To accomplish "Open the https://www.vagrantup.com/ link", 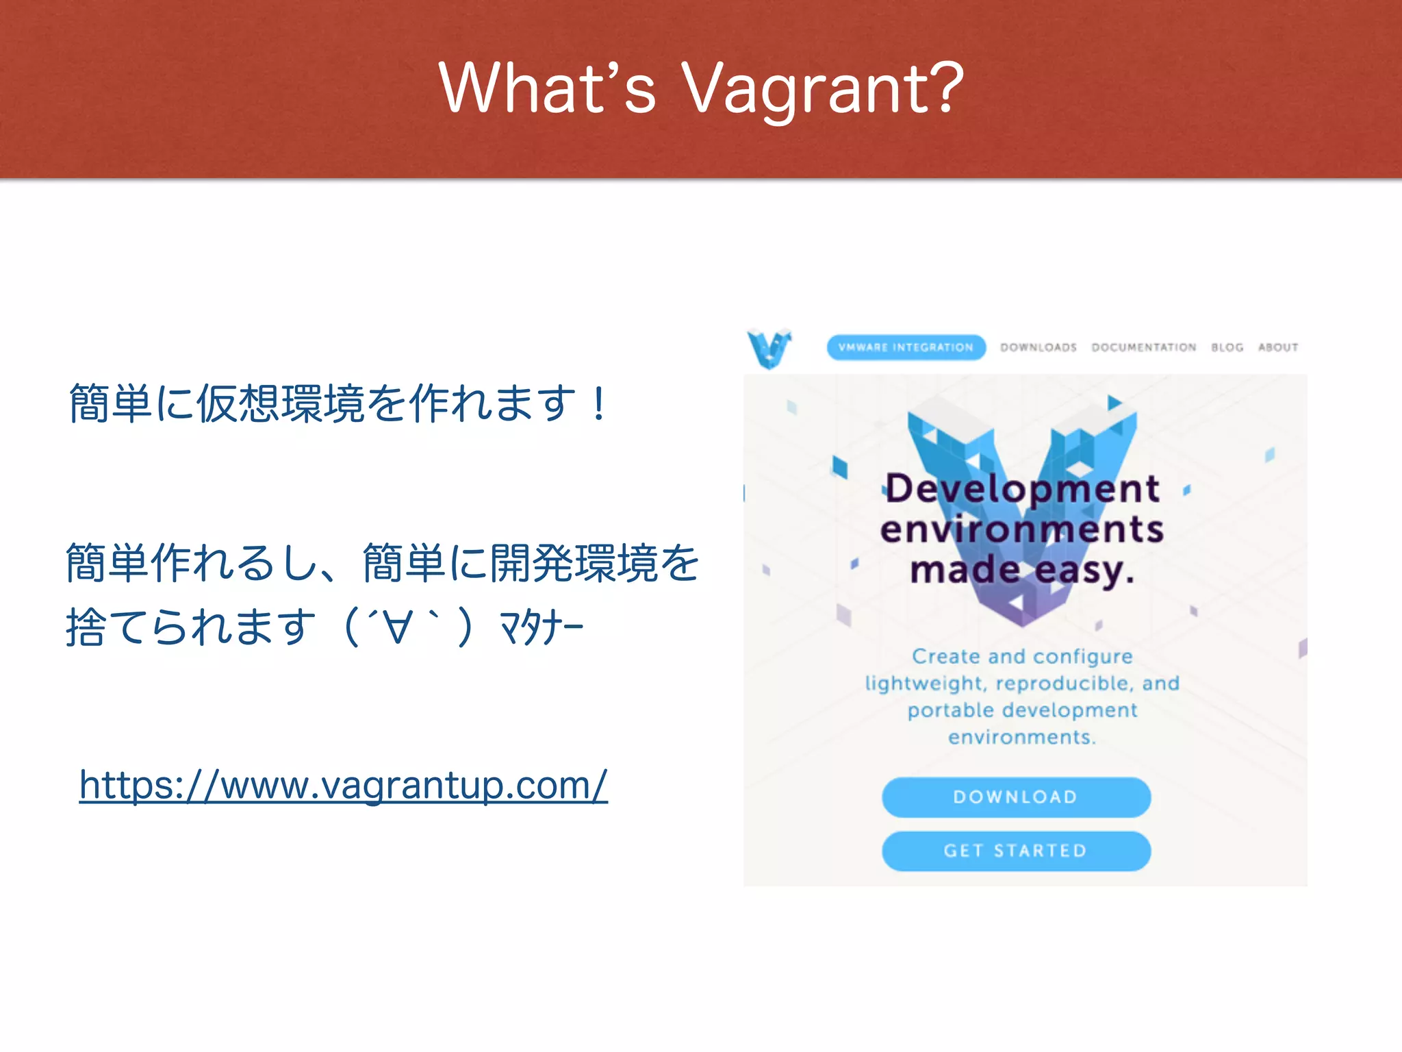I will coord(343,785).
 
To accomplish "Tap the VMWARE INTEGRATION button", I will coord(906,347).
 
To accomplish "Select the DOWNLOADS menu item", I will coord(1038,347).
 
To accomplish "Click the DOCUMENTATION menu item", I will coord(1144,347).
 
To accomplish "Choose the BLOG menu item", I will coord(1227,347).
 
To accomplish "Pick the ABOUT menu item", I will coord(1278,347).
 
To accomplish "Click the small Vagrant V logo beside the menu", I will coord(769,348).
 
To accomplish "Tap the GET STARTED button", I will coord(1016,851).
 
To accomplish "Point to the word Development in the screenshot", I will coord(1022,488).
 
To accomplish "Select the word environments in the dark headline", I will coord(1022,529).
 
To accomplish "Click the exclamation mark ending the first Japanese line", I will coord(599,404).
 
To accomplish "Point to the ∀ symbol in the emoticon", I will coord(398,627).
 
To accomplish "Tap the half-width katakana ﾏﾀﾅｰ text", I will coord(541,627).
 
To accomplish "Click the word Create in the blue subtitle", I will coord(946,656).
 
